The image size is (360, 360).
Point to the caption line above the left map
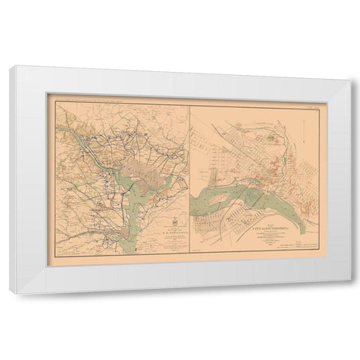pyautogui.click(x=112, y=96)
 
